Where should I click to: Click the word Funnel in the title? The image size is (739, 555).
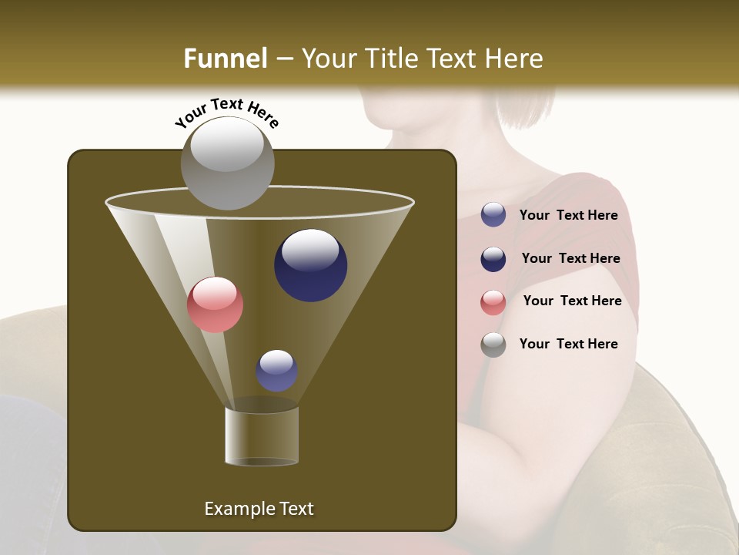click(225, 58)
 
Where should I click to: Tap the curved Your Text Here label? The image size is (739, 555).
click(226, 112)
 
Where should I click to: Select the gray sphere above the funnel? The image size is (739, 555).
click(228, 163)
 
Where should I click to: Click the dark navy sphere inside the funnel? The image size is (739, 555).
click(310, 264)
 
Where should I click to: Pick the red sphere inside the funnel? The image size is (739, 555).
click(216, 304)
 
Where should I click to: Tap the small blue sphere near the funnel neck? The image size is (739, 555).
click(276, 370)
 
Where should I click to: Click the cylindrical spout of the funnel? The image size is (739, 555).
click(262, 436)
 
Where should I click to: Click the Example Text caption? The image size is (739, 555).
click(259, 509)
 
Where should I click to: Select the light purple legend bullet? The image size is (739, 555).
click(493, 214)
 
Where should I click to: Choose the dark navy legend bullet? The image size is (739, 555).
click(493, 259)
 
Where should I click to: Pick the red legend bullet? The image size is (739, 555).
click(493, 302)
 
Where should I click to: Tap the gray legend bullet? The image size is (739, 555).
click(493, 345)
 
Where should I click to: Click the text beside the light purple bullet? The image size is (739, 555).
click(568, 215)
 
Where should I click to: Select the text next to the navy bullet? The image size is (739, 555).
click(570, 258)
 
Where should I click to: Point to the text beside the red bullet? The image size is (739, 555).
click(572, 301)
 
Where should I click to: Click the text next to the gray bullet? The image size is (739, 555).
click(568, 344)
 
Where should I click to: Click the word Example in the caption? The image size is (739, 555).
click(234, 509)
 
